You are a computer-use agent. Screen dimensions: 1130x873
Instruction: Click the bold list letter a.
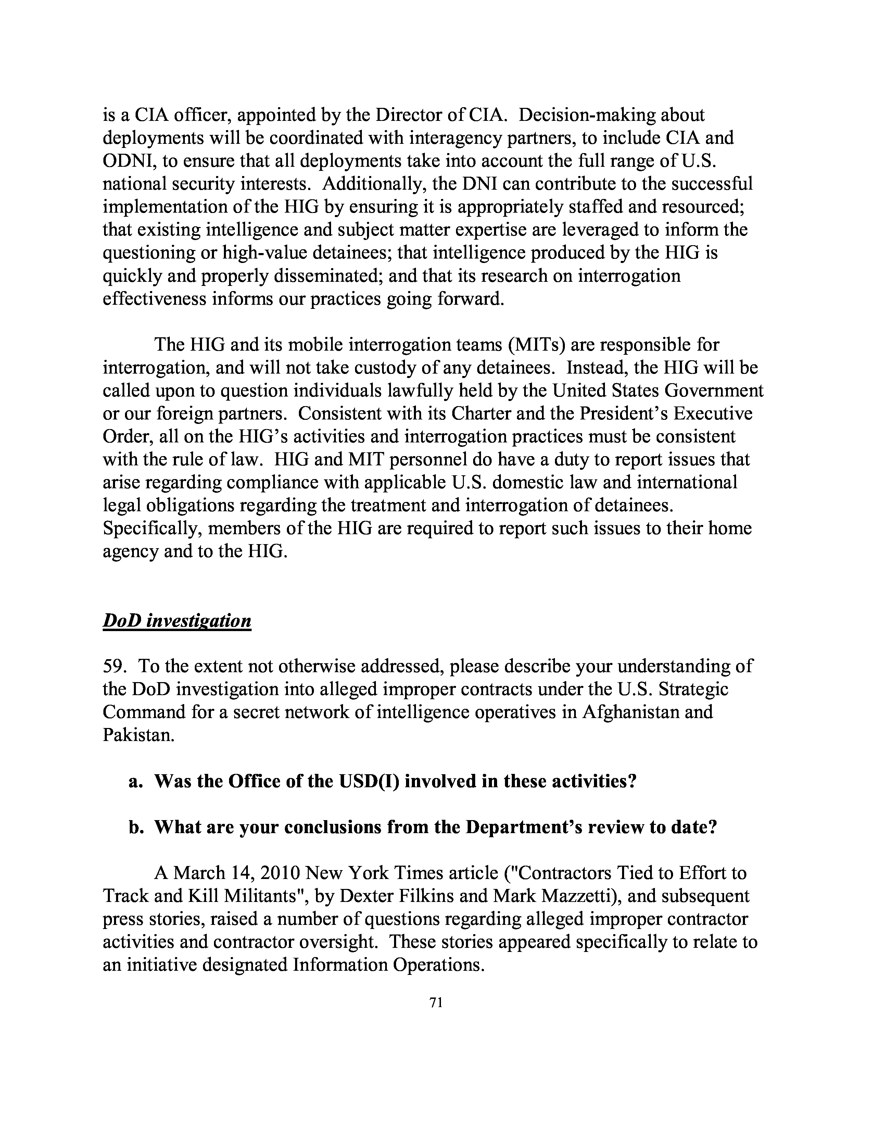point(135,781)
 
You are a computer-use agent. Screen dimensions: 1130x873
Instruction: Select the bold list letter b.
point(135,827)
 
